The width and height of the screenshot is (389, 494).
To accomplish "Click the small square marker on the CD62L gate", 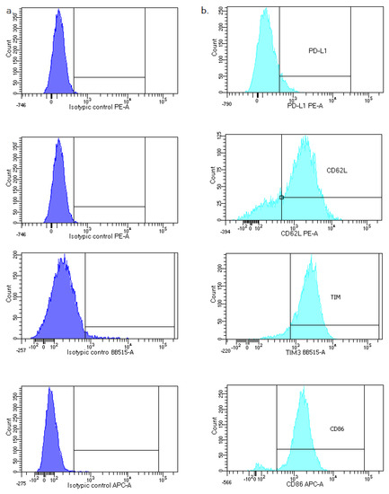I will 282,198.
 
